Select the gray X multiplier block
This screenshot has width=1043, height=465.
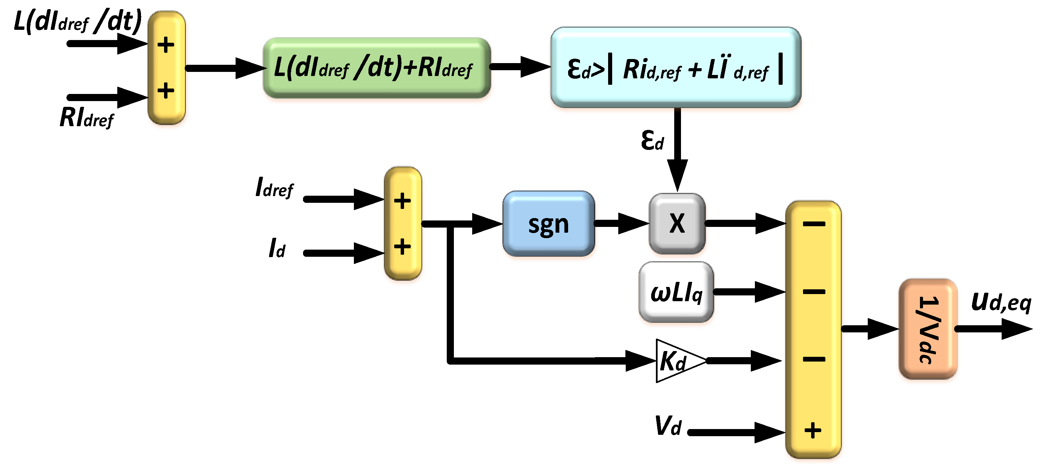pyautogui.click(x=677, y=223)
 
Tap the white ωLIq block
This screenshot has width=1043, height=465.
pyautogui.click(x=676, y=292)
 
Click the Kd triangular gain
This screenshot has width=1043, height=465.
pyautogui.click(x=674, y=361)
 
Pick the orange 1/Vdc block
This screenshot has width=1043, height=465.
pyautogui.click(x=928, y=329)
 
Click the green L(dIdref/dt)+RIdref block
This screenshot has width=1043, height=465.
pyautogui.click(x=376, y=67)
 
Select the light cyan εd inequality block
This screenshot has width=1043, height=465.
pyautogui.click(x=675, y=67)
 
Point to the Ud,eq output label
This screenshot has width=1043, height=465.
pyautogui.click(x=1001, y=303)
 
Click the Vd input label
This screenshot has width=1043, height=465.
pyautogui.click(x=668, y=426)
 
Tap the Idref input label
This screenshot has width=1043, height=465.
pyautogui.click(x=274, y=188)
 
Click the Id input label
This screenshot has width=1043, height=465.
pyautogui.click(x=277, y=248)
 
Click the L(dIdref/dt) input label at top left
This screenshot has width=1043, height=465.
pyautogui.click(x=77, y=21)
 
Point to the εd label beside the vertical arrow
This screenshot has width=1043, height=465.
pyautogui.click(x=652, y=140)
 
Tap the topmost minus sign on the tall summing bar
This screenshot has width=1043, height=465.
pyautogui.click(x=814, y=224)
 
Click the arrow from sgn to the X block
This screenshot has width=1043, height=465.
pyautogui.click(x=622, y=223)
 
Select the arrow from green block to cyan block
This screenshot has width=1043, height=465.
pyautogui.click(x=520, y=66)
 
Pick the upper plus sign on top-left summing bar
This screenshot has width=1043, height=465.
pyautogui.click(x=166, y=45)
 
